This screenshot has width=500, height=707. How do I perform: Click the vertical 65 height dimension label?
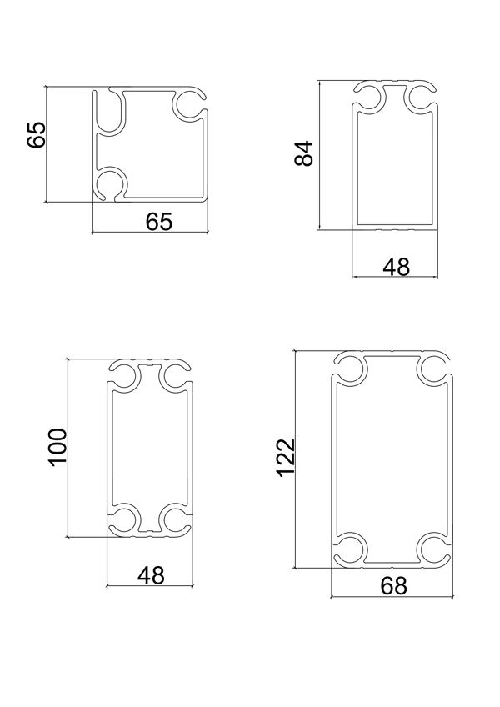pyautogui.click(x=37, y=134)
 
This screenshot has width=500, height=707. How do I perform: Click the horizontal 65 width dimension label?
pyautogui.click(x=159, y=222)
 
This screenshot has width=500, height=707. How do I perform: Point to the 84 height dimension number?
pyautogui.click(x=304, y=153)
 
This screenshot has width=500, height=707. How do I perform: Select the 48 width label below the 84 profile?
pyautogui.click(x=397, y=267)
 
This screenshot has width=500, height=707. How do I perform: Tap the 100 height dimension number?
pyautogui.click(x=58, y=447)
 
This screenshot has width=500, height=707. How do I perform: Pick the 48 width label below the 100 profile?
pyautogui.click(x=152, y=575)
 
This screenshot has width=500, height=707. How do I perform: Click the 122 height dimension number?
pyautogui.click(x=286, y=457)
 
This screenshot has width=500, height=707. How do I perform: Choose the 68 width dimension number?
pyautogui.click(x=393, y=586)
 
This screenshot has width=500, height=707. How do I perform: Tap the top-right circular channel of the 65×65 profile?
pyautogui.click(x=190, y=104)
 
